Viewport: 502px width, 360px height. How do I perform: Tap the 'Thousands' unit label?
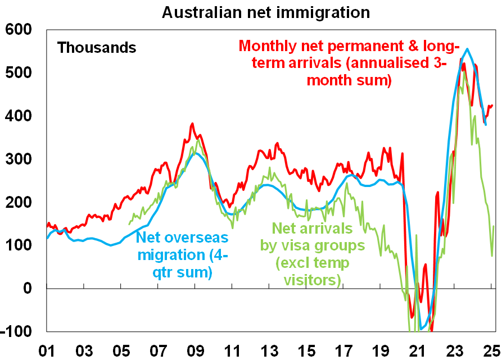click(x=97, y=48)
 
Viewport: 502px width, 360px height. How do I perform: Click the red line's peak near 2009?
click(x=192, y=124)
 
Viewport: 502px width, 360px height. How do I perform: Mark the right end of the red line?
click(x=492, y=105)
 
